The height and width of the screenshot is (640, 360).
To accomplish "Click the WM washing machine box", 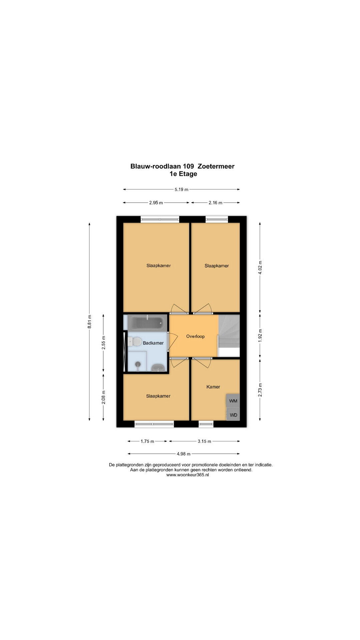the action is pyautogui.click(x=233, y=401).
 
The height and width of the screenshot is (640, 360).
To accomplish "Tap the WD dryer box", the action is pyautogui.click(x=233, y=415).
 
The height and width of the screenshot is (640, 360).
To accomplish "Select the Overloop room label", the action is pyautogui.click(x=195, y=336).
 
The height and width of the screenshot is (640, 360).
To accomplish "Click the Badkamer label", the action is pyautogui.click(x=153, y=343).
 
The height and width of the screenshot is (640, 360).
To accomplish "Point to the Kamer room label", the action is pyautogui.click(x=213, y=387).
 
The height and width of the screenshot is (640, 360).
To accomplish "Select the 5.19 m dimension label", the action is pyautogui.click(x=181, y=189).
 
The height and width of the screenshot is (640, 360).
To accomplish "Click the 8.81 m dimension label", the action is pyautogui.click(x=89, y=322).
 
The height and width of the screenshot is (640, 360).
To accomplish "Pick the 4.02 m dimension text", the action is pyautogui.click(x=260, y=267).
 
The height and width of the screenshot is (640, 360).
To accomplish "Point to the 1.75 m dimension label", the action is pyautogui.click(x=147, y=441).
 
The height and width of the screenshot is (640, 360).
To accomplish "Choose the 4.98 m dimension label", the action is pyautogui.click(x=184, y=454).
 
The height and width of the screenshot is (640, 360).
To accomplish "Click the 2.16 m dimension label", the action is pyautogui.click(x=215, y=203).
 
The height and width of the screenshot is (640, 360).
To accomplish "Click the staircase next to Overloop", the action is pyautogui.click(x=229, y=331).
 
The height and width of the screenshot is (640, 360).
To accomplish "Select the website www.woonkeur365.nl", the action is pyautogui.click(x=188, y=475).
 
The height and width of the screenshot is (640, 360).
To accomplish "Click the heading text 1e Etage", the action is pyautogui.click(x=183, y=174).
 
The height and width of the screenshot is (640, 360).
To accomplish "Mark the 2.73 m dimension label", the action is pyautogui.click(x=260, y=390).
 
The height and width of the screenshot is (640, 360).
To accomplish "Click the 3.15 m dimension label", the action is pyautogui.click(x=204, y=441).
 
